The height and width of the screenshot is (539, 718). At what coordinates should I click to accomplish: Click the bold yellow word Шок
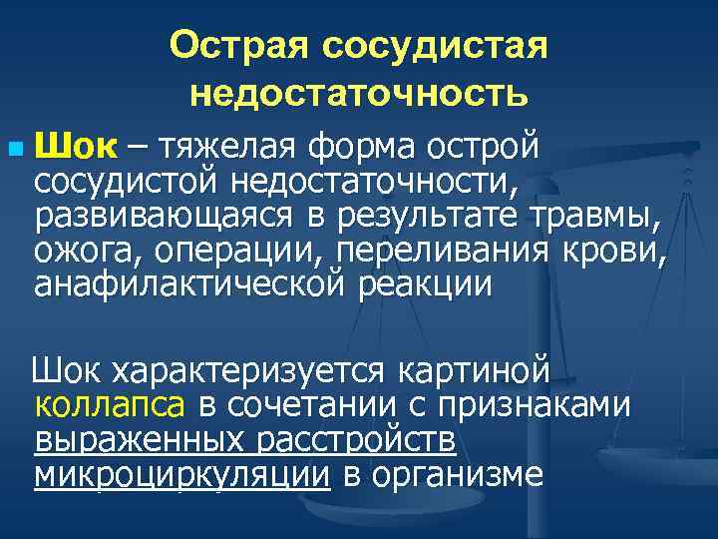pyautogui.click(x=75, y=148)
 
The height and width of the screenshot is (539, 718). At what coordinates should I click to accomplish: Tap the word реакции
pyautogui.click(x=426, y=283)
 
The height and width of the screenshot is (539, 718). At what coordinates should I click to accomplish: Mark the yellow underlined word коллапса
pyautogui.click(x=109, y=406)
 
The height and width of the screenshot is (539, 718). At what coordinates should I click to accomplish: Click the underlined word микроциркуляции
pyautogui.click(x=181, y=475)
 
